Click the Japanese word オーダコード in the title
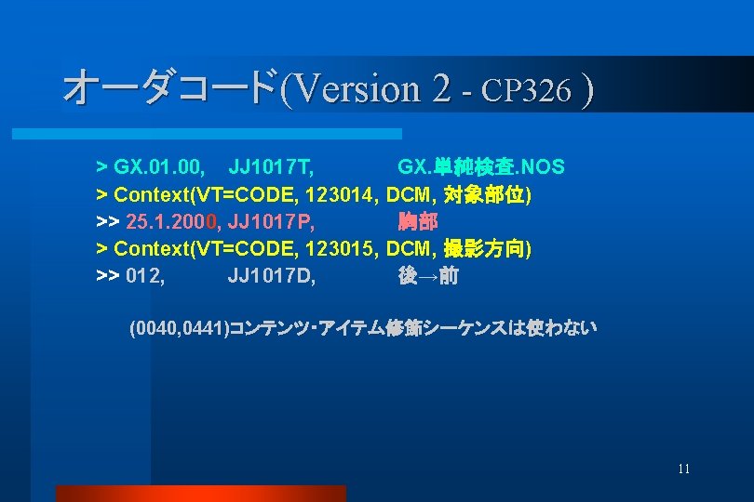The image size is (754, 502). coord(170,88)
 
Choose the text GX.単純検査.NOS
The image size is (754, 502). coord(480,167)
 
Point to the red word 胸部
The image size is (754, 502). coord(418,222)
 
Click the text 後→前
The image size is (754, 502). coord(428,276)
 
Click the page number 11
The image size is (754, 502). coord(684,469)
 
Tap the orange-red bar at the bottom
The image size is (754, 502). coord(200,493)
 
